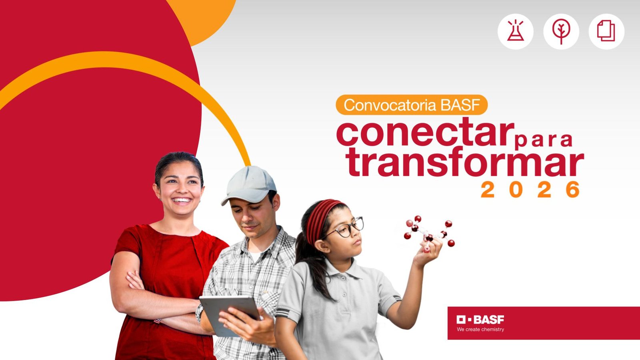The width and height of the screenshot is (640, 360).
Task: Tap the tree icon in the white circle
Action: [561, 32]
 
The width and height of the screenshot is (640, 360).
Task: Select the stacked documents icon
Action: [606, 30]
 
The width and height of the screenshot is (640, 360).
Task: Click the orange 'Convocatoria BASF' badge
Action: [412, 105]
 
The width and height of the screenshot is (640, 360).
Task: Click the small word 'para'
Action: [543, 140]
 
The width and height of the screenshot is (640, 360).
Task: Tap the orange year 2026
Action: [530, 190]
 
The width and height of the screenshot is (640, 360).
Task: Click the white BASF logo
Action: [480, 320]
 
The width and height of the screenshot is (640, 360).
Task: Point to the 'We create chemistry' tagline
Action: [480, 330]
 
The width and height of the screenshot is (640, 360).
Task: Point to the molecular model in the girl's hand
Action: [429, 233]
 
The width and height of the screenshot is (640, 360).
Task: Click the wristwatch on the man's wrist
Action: [199, 312]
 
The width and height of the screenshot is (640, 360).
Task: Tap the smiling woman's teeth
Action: [182, 200]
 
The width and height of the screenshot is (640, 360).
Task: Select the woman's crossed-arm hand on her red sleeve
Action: [134, 280]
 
